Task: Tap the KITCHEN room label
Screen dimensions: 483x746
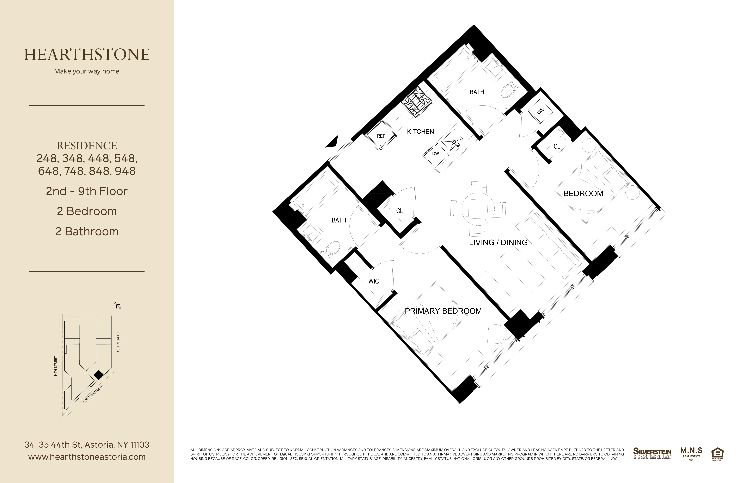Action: tap(420, 132)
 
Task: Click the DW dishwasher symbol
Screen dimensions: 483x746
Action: tap(435, 154)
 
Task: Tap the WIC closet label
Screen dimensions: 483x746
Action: tap(373, 281)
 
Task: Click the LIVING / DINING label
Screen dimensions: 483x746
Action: tap(498, 242)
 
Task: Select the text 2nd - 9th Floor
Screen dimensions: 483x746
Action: tap(87, 191)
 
